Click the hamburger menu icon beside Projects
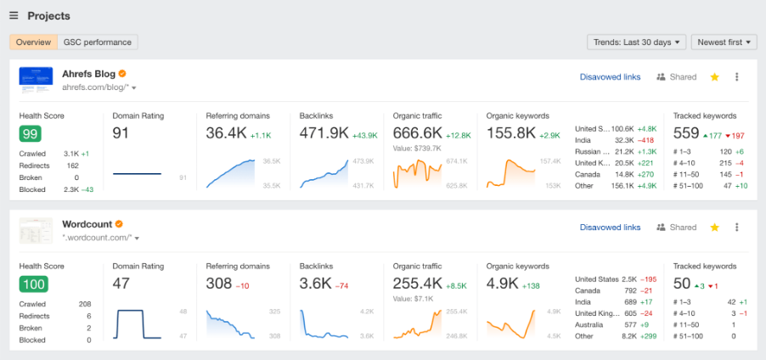pyautogui.click(x=14, y=16)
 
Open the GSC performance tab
pyautogui.click(x=98, y=42)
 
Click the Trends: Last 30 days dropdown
pyautogui.click(x=636, y=42)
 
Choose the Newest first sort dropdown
pyautogui.click(x=724, y=42)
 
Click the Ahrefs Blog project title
pyautogui.click(x=88, y=74)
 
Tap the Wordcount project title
pyautogui.click(x=87, y=224)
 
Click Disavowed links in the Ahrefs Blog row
pyautogui.click(x=610, y=77)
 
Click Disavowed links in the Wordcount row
pyautogui.click(x=610, y=228)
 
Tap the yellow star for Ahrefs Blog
pyautogui.click(x=714, y=77)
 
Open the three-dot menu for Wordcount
pyautogui.click(x=736, y=228)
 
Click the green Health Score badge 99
pyautogui.click(x=31, y=133)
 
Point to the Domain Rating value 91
pyautogui.click(x=121, y=132)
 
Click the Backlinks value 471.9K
pyautogui.click(x=325, y=132)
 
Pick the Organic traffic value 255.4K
pyautogui.click(x=419, y=283)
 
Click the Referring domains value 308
pyautogui.click(x=219, y=283)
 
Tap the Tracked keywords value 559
pyautogui.click(x=685, y=132)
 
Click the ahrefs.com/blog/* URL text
pyautogui.click(x=95, y=87)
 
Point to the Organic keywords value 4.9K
pyautogui.click(x=503, y=283)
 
